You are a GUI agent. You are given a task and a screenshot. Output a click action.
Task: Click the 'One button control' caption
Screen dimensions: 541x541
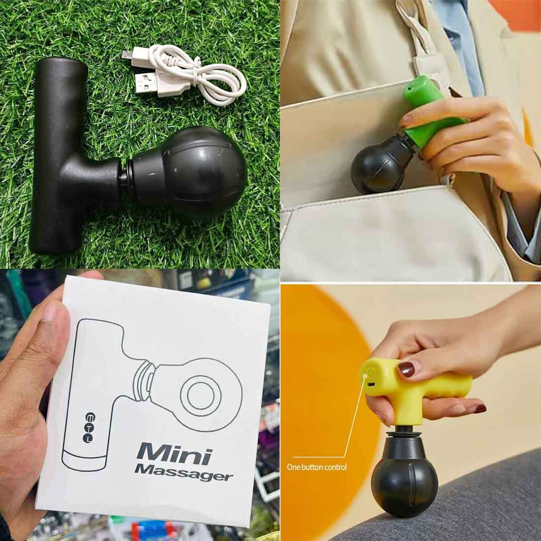(316, 467)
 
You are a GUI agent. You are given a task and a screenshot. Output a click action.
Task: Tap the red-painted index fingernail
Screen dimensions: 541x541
(406, 369)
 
